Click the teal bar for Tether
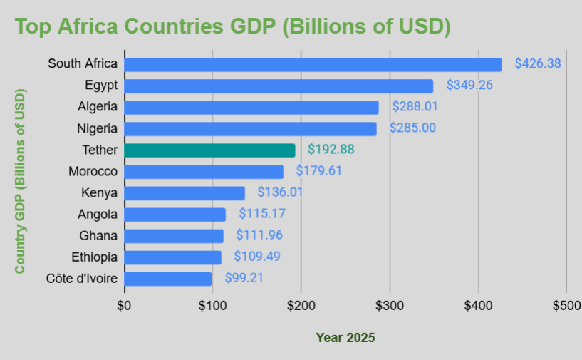(x=209, y=150)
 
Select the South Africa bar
(x=313, y=64)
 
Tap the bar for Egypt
(x=279, y=86)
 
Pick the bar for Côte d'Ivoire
(x=168, y=279)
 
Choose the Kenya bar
(x=185, y=193)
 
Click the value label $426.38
(x=538, y=63)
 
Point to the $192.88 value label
(x=331, y=150)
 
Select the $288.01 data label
(x=415, y=107)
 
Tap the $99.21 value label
(x=244, y=278)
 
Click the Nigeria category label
(x=97, y=129)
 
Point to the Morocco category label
(x=93, y=172)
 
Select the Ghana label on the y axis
(x=100, y=236)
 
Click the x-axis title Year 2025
(x=345, y=338)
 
